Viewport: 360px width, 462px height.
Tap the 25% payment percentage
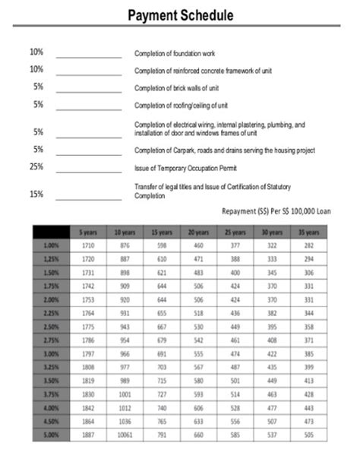[x=36, y=166]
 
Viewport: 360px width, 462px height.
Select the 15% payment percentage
[x=36, y=194]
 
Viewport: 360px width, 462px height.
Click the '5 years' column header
[x=87, y=231]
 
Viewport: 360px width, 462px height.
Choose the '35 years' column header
[x=308, y=231]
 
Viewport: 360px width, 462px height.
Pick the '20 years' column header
[x=198, y=231]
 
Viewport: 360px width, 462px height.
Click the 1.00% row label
[x=51, y=245]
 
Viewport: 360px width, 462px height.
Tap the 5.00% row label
[x=51, y=436]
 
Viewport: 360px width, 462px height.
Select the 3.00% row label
[x=51, y=354]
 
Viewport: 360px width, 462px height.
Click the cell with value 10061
[x=125, y=436]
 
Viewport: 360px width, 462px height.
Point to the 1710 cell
[x=87, y=245]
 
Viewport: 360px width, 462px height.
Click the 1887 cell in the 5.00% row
[x=87, y=436]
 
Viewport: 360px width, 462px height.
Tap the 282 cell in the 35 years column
[x=308, y=245]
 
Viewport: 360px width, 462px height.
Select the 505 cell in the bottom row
[x=308, y=436]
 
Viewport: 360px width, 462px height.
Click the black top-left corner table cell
[x=51, y=231]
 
